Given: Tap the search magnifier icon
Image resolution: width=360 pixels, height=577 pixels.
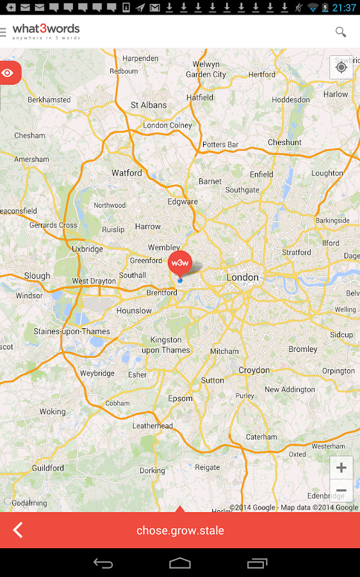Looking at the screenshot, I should coord(341,32).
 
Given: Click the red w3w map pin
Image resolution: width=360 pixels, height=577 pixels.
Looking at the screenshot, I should coord(179,263).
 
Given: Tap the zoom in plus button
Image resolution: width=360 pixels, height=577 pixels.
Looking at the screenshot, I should coord(341,467).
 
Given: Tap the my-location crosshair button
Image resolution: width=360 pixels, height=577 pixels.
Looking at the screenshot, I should coord(341,67).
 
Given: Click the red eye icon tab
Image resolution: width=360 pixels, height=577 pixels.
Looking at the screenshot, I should coord(8,73).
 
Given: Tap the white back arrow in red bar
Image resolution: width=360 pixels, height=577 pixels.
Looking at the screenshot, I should coord(18,530).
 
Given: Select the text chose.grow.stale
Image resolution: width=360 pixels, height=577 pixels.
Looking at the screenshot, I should coord(180,531).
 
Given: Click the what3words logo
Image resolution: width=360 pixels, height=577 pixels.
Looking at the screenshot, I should coord(46,31).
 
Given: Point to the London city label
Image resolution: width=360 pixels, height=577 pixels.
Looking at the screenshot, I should coord(243,278).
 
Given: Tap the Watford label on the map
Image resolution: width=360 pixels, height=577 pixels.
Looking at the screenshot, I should coord(127,173).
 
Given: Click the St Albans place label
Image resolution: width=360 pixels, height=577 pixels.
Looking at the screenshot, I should coord(149,105).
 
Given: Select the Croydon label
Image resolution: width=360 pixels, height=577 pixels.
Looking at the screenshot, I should coord(254,371).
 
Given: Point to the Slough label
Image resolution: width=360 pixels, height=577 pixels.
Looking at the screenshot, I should coord(37,276).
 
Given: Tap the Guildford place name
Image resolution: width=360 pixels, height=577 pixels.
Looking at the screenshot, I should coord(48,469).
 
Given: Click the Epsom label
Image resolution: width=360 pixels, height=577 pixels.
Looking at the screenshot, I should coord(180,398).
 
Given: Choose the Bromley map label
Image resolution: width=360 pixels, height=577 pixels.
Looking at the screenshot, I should coord(303,349).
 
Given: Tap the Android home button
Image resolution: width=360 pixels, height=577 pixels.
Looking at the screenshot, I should coord(180,564).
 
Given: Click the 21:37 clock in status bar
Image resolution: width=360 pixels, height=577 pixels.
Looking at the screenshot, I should coord(344,8).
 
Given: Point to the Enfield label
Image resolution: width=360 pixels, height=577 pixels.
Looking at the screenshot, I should coord(261,174).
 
